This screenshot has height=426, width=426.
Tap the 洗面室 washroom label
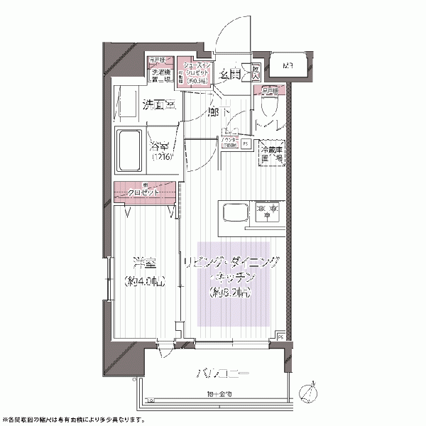[x=158, y=105]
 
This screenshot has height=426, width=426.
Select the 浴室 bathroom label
[x=160, y=148]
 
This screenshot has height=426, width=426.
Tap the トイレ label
[x=271, y=126]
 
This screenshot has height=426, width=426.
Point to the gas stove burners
[x=268, y=210]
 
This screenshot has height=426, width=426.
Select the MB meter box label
[x=288, y=67]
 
